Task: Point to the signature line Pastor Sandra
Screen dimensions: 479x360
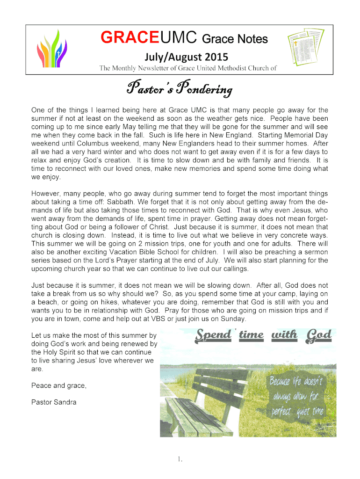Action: click(54, 402)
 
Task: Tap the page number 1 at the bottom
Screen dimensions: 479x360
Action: click(180, 459)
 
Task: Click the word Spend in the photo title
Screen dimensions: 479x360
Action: click(213, 335)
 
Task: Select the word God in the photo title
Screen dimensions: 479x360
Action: click(318, 335)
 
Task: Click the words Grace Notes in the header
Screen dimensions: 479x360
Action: click(243, 39)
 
